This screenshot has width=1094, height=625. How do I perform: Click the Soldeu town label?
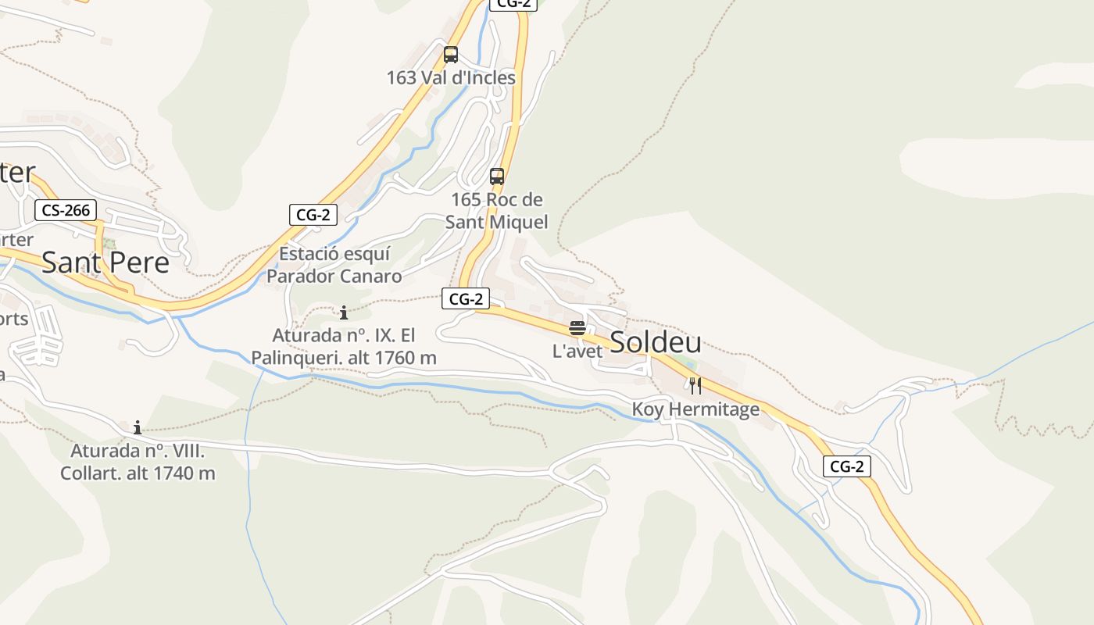655,342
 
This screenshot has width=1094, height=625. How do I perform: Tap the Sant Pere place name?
105,262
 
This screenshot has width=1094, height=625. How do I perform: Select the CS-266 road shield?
66,210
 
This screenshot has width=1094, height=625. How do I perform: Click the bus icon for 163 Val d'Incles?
451,55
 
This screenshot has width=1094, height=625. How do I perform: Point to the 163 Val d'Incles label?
451,78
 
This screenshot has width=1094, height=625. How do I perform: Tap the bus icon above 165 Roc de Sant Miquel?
497,176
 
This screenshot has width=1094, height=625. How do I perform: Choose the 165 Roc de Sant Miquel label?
496,211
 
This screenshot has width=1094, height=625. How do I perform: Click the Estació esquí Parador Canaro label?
334,265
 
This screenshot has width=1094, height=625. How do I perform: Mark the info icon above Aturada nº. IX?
344,313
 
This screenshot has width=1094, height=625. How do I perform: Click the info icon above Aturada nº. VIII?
138,427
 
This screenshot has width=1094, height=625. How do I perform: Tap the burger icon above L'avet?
577,328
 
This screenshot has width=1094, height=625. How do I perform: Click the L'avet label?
577,352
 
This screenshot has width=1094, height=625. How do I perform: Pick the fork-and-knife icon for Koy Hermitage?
695,385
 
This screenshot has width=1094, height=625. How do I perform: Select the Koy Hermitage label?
695,409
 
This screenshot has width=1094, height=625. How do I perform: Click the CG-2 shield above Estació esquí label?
313,215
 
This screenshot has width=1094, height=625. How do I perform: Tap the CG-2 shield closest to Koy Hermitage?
846,467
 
